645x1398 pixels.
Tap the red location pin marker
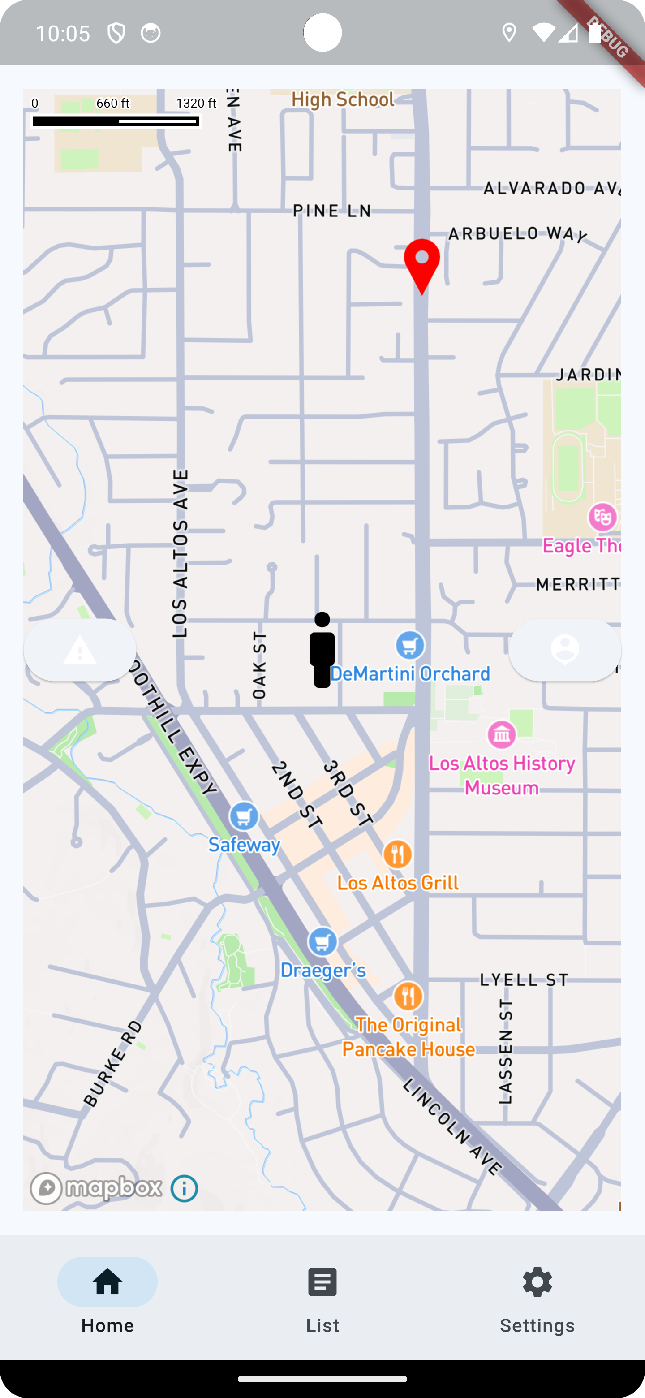[421, 263]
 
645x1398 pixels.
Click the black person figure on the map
[322, 650]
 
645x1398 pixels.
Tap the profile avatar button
[565, 650]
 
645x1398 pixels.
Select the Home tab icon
[107, 1282]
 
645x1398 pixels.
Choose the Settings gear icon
[537, 1282]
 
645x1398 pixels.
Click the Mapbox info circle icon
[185, 1188]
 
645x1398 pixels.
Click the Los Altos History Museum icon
[502, 735]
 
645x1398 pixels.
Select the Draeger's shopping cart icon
[323, 941]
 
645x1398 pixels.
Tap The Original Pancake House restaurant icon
[408, 996]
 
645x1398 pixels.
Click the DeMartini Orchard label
[410, 674]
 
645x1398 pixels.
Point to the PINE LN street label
[332, 211]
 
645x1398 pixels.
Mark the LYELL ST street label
[524, 979]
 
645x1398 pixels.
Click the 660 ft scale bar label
[113, 103]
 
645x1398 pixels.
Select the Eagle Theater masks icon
[602, 517]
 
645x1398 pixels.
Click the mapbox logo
[96, 1188]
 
